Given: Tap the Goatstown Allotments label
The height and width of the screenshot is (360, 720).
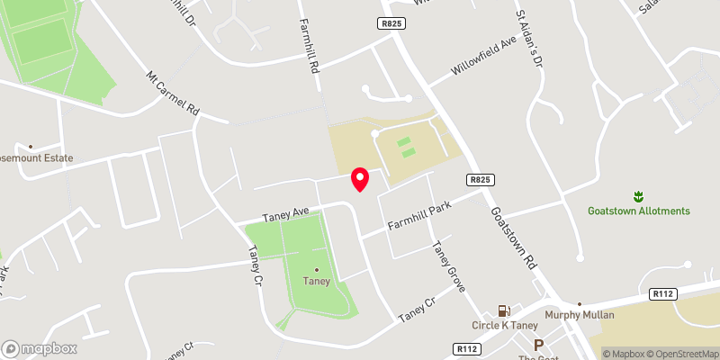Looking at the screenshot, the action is pos(638,211).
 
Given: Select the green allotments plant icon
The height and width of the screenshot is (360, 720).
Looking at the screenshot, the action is pos(638,195).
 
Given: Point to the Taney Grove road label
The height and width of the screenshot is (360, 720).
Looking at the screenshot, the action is pos(448,266).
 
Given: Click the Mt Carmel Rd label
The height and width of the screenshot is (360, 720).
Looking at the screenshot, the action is pos(172,94).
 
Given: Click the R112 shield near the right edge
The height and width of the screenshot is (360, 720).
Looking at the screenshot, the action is pos(661,293).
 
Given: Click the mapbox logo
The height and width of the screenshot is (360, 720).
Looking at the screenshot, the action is pos(40,348).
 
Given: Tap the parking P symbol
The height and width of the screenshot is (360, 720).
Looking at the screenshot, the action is pos(539,345).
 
